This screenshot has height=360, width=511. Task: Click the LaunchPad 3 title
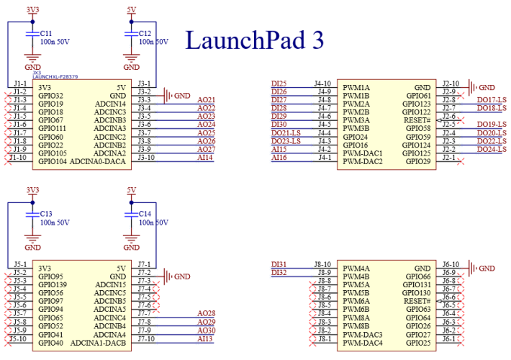point(255,40)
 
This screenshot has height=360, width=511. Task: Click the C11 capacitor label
point(45,33)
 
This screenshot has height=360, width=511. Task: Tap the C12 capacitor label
point(145,33)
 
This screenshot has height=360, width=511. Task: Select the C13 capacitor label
point(45,214)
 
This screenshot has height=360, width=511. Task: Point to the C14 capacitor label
point(145,214)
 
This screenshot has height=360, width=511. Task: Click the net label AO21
point(206,99)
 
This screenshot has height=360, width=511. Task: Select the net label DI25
point(279,84)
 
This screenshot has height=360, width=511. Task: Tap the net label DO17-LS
point(492,100)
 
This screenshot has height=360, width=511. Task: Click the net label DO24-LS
point(492,150)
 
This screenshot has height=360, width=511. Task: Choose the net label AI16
point(279,158)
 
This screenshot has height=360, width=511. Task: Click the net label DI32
point(279,272)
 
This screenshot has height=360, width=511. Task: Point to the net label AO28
point(206,314)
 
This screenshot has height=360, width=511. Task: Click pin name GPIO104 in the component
point(53,161)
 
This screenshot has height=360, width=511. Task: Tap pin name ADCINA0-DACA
point(98,161)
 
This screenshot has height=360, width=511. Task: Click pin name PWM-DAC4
point(363,342)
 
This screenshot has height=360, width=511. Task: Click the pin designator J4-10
point(322,84)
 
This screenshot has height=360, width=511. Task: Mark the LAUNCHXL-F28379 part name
point(55,76)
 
